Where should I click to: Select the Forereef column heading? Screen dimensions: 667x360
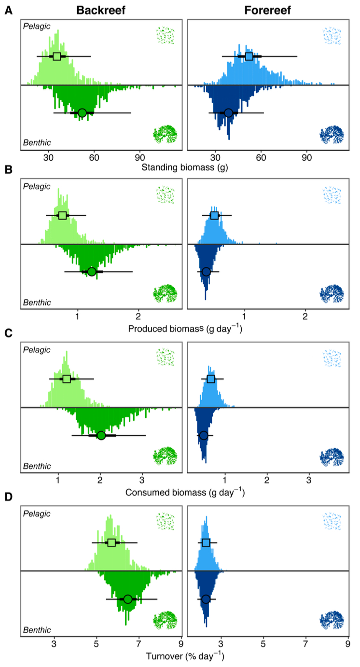[268, 10]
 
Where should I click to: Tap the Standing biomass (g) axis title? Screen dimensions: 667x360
[185, 167]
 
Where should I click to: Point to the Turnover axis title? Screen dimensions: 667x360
[185, 656]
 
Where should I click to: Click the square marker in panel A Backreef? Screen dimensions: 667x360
[57, 56]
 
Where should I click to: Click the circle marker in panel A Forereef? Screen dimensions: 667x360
[228, 113]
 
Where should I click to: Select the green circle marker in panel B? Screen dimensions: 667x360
[92, 272]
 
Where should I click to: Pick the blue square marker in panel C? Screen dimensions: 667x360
[211, 379]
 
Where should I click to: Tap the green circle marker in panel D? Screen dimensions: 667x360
[127, 599]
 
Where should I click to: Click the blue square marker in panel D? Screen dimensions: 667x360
[206, 542]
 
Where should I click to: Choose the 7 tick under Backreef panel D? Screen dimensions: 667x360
[138, 643]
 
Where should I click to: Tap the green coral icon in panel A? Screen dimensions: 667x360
[165, 134]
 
